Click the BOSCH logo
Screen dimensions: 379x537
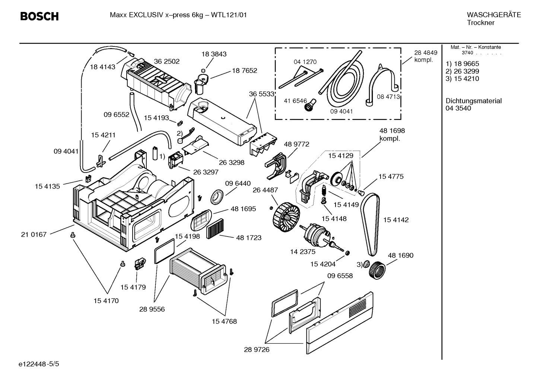coord(39,16)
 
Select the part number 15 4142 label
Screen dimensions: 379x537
coord(396,220)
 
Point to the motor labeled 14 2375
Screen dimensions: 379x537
coord(317,235)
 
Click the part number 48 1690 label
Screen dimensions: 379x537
coord(400,256)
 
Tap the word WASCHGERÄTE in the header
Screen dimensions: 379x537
coord(493,15)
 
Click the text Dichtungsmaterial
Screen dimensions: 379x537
coord(473,101)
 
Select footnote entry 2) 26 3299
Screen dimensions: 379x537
coord(462,71)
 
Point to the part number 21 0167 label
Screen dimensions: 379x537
coord(34,234)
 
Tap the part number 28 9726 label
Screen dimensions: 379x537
coord(257,350)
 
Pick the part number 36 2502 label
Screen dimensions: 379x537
coord(166,61)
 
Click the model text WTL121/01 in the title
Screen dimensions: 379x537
coord(229,15)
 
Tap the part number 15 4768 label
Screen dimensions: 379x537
coord(224,321)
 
